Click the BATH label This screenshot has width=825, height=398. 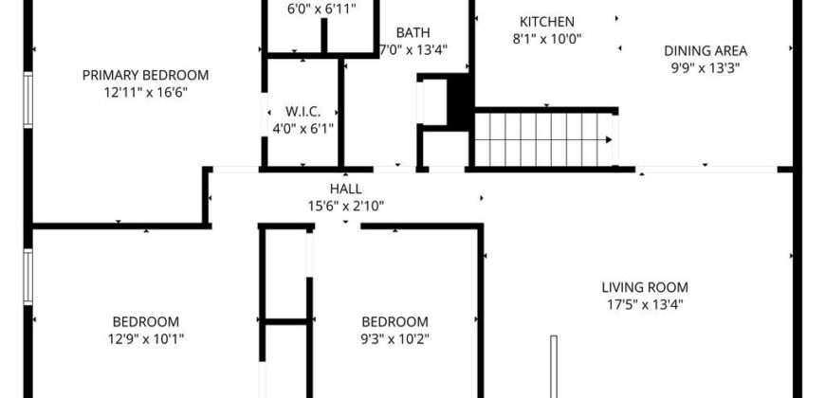[x=412, y=32]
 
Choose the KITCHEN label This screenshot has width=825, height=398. [x=546, y=22]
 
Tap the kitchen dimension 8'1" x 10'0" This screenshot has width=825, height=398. [x=546, y=39]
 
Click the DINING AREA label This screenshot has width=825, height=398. [x=706, y=50]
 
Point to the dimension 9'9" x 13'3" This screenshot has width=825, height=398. [x=706, y=67]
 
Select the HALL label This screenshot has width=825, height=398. [x=345, y=189]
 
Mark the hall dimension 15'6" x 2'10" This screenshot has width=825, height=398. [x=345, y=206]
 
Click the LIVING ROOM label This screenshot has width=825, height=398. [x=645, y=287]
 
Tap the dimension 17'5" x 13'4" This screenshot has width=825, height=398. [x=645, y=304]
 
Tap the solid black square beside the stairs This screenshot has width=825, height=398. [x=459, y=99]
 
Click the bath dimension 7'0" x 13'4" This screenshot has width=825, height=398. [x=412, y=49]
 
